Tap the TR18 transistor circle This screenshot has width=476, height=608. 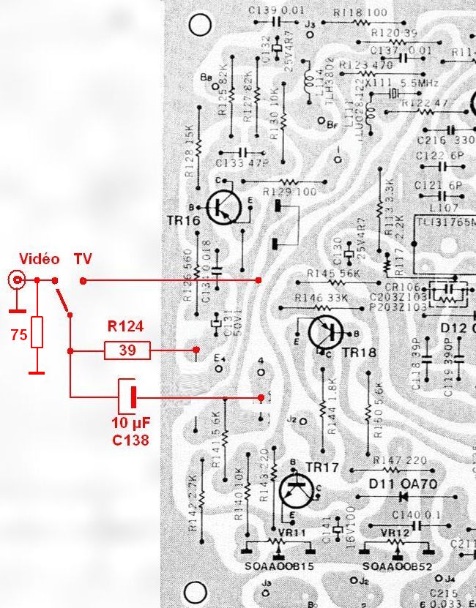coord(325,333)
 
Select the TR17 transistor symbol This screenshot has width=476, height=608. coord(297,490)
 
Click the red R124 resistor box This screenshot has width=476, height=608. coord(127,351)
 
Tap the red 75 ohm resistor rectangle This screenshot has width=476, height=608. coord(37,333)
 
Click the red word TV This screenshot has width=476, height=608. coord(83,259)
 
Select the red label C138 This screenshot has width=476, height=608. coord(130,440)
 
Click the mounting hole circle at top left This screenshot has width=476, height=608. coord(200,26)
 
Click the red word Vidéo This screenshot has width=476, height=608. coord(40,259)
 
